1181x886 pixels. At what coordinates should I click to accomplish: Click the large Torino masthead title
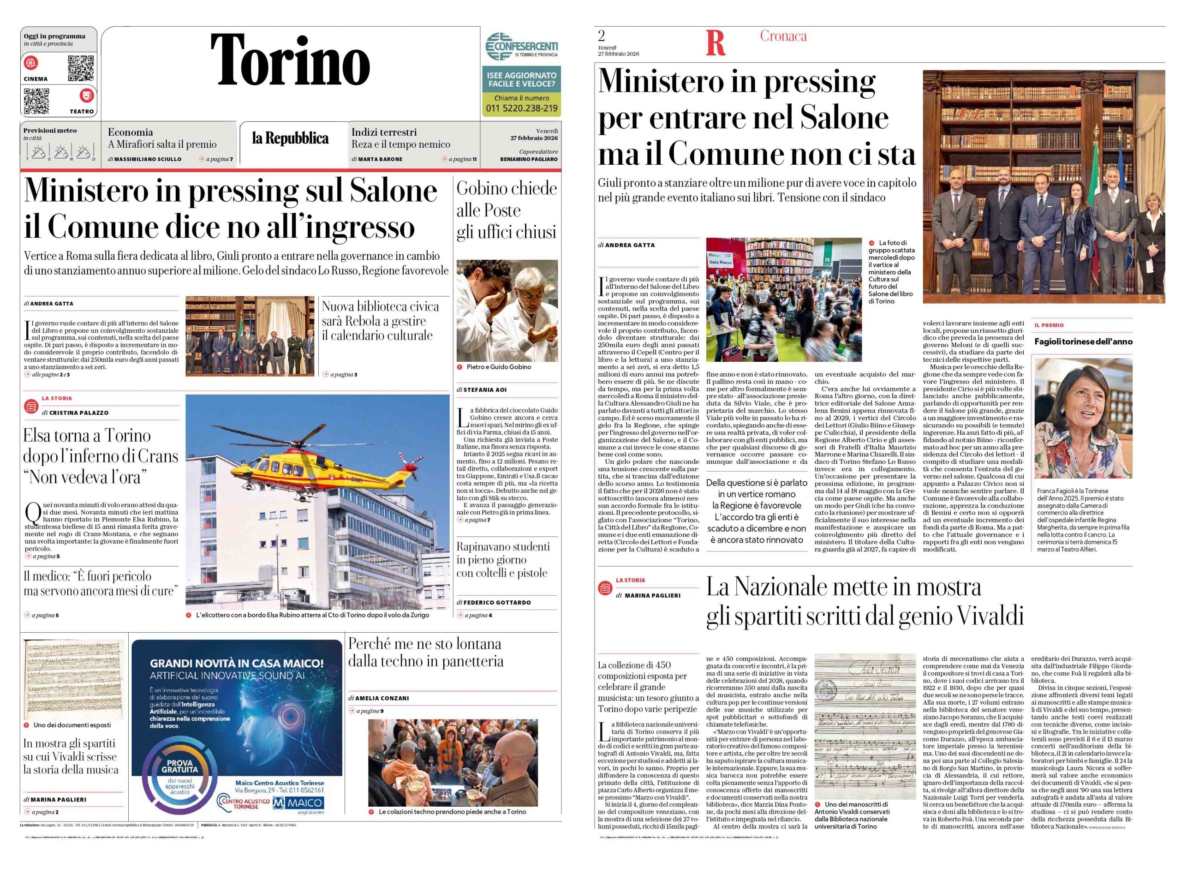click(x=291, y=60)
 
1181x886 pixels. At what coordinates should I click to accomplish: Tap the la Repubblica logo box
click(x=291, y=138)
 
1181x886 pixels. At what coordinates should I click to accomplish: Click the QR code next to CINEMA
click(x=81, y=68)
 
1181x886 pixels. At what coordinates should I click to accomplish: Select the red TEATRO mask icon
click(x=86, y=96)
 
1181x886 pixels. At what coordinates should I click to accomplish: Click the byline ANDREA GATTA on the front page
click(x=51, y=303)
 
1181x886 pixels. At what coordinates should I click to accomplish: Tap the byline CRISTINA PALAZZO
click(x=79, y=413)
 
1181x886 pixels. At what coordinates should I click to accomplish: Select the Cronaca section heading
click(x=783, y=36)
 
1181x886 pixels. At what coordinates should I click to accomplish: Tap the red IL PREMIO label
click(x=1049, y=325)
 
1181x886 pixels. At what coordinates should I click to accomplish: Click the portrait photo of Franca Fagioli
click(x=1083, y=418)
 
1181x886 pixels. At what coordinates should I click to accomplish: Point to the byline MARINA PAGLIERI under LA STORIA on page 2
click(x=652, y=595)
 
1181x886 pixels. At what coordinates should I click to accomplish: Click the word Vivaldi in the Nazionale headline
click(x=988, y=617)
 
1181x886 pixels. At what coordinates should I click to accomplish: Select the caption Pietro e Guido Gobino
click(x=499, y=367)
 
